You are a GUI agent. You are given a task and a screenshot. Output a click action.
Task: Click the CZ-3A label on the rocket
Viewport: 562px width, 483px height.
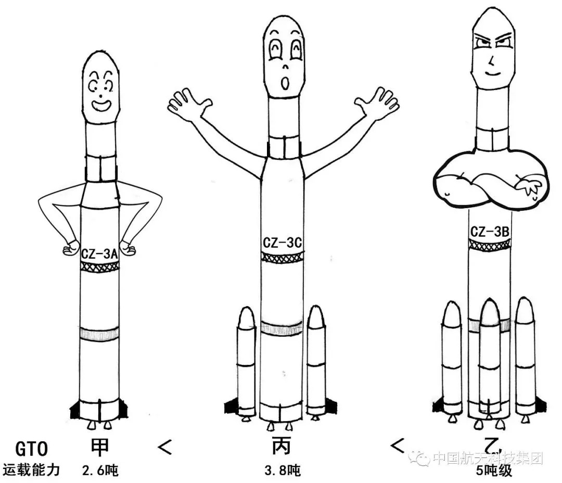pos(99,254)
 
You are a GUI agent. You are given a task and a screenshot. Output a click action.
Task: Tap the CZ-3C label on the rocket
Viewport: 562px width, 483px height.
pos(282,243)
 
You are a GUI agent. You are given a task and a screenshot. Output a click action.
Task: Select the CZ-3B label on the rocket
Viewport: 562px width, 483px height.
pos(490,232)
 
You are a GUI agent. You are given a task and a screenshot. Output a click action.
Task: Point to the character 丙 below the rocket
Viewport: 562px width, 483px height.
pos(282,447)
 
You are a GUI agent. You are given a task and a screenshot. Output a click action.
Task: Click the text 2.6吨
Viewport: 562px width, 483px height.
pos(100,471)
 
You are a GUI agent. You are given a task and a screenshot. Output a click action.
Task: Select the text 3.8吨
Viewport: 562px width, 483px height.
pos(283,471)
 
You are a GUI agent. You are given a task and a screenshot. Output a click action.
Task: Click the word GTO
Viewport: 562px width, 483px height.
pos(32,449)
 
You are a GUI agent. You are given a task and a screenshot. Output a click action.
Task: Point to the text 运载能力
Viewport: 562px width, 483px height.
pos(31,470)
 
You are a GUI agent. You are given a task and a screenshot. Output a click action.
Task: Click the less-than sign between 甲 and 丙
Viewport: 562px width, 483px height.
pos(165,447)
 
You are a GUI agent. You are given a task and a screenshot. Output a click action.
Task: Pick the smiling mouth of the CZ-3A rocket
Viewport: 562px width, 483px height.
pos(101,106)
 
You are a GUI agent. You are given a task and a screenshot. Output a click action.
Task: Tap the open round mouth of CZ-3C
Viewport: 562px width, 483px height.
pos(285,84)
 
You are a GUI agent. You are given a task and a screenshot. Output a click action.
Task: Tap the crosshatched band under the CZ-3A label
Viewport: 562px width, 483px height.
pos(99,266)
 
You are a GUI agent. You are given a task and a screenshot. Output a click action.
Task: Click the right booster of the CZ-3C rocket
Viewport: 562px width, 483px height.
pos(317,362)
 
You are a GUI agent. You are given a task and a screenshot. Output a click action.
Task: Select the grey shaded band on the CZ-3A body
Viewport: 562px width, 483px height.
pos(99,334)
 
